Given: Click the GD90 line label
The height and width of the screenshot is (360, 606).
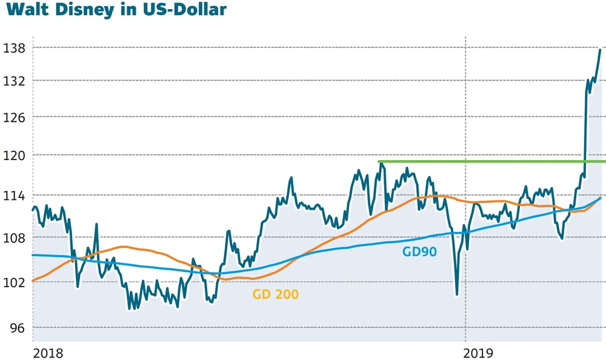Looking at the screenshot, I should [419, 251].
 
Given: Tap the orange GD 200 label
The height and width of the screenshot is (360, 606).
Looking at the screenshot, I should [276, 295].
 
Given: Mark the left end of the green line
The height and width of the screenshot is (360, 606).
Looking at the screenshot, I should [379, 161].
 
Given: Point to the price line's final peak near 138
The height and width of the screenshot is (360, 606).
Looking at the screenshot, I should [600, 50].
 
